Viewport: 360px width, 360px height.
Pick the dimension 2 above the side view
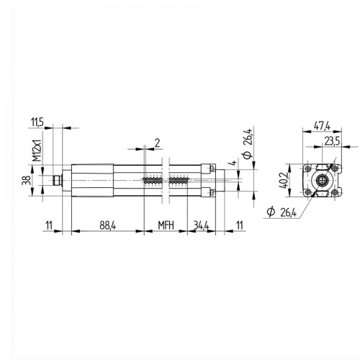click(x=157, y=142)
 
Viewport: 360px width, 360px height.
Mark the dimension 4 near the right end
click(x=233, y=165)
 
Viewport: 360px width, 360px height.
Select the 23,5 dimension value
click(x=332, y=140)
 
